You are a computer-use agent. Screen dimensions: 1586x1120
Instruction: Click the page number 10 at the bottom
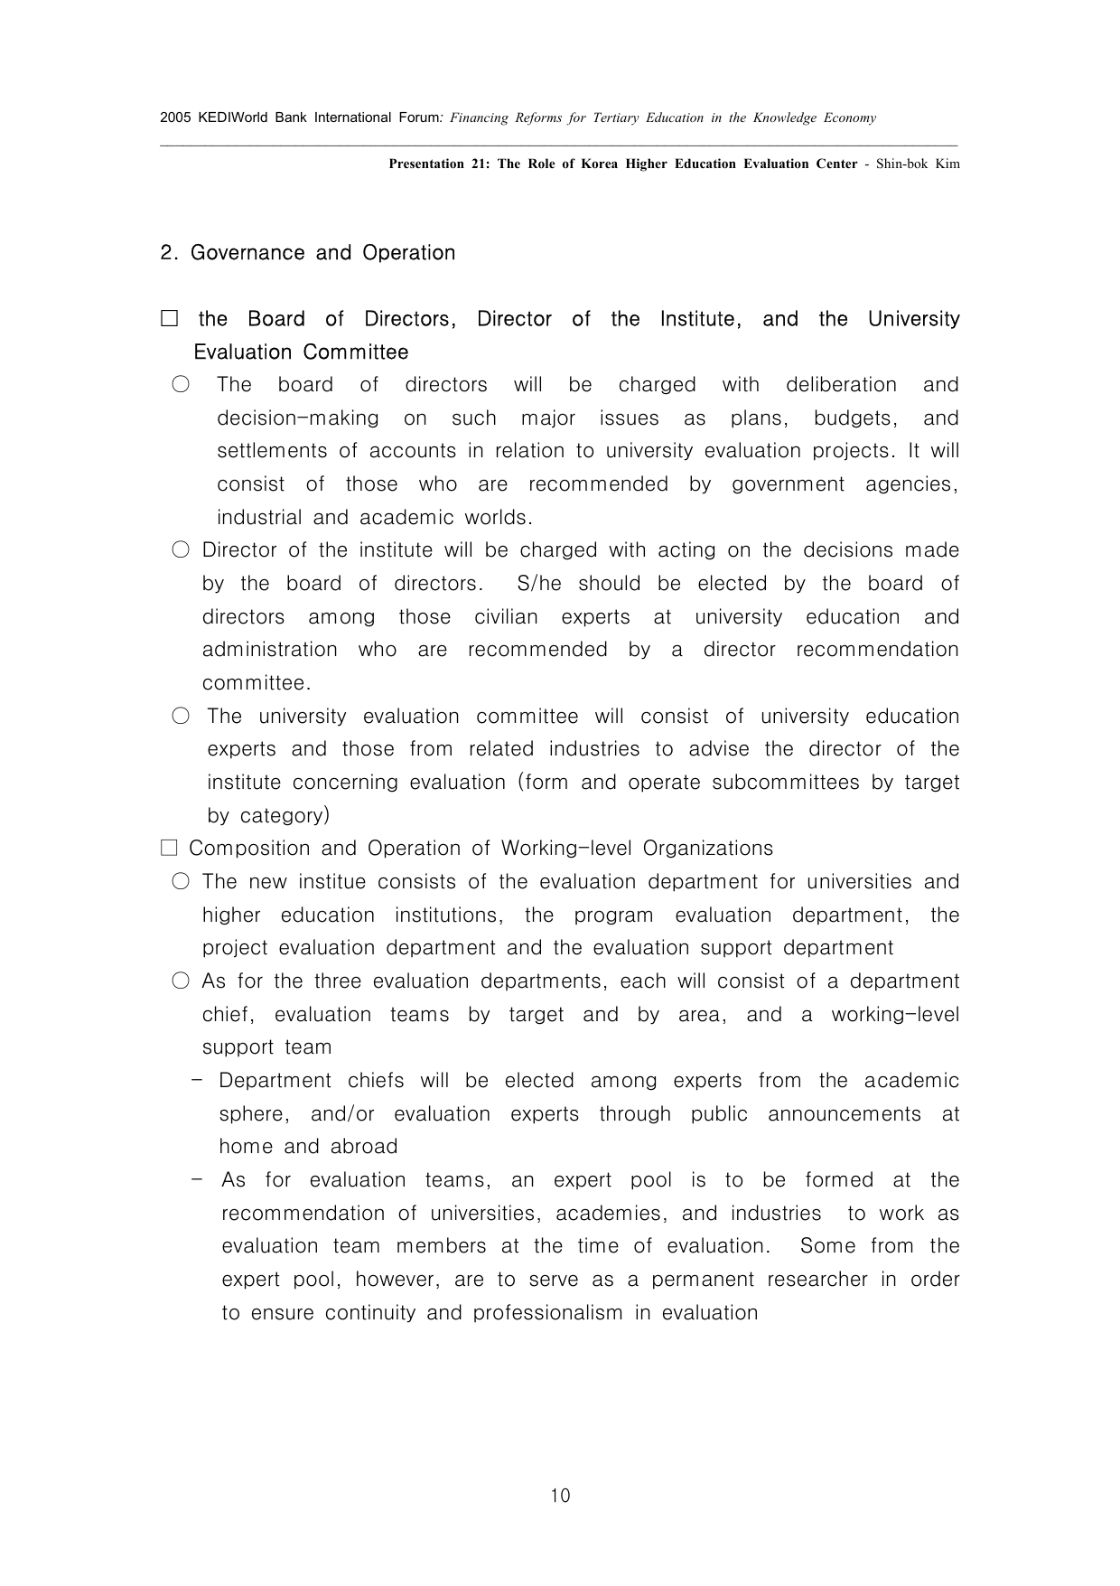click(x=560, y=1496)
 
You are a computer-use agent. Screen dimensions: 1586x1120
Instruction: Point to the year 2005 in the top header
click(x=174, y=117)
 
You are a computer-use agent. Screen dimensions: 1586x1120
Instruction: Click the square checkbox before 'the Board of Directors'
click(x=170, y=319)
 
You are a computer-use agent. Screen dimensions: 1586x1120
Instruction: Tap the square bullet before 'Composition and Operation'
click(x=169, y=849)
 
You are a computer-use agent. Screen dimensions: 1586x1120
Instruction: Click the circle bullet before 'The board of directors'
click(x=181, y=385)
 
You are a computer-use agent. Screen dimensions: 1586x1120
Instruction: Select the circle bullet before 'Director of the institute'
click(x=181, y=550)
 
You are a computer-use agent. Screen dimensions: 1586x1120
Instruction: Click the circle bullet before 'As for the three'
click(x=181, y=981)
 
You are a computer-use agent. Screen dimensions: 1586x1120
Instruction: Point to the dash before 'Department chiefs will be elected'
click(x=197, y=1081)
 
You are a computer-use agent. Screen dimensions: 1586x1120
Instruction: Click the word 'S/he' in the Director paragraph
click(x=539, y=584)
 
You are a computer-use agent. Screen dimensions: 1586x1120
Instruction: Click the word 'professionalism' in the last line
click(x=547, y=1313)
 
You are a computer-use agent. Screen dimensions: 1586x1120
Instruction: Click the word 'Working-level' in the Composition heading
click(x=561, y=849)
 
